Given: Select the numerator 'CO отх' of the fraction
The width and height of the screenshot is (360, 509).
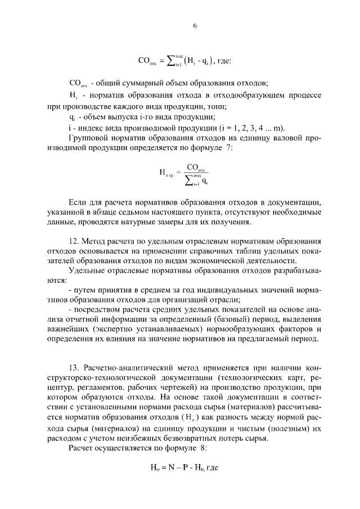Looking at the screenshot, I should click(x=196, y=168).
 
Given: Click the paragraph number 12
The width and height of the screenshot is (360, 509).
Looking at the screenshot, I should click(x=73, y=246).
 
